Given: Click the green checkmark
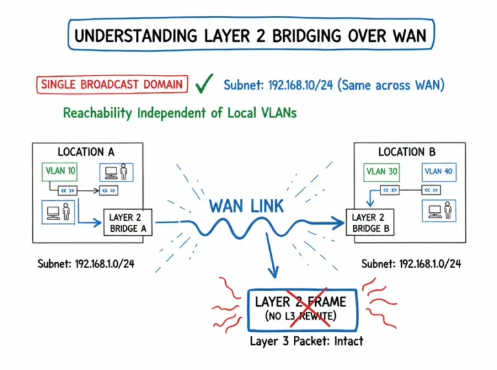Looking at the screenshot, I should [204, 83].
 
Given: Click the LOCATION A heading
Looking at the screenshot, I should [86, 152].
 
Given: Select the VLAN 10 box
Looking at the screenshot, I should [60, 171].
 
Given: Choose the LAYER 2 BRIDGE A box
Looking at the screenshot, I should [127, 223].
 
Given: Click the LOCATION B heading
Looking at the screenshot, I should [407, 152].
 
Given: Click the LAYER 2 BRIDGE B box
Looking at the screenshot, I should [371, 223].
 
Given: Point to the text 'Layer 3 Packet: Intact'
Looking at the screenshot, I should [306, 340].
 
